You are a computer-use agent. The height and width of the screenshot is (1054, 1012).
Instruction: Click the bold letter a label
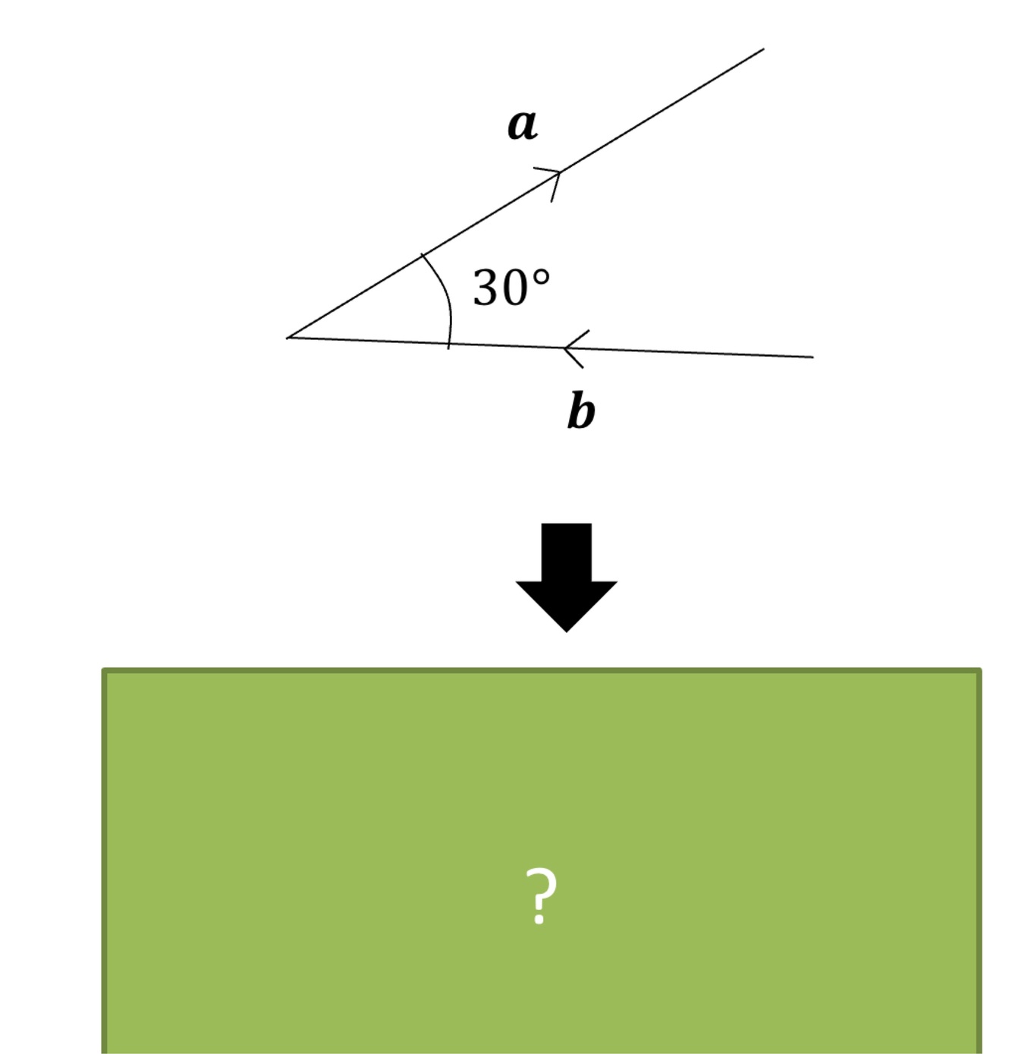pos(522,125)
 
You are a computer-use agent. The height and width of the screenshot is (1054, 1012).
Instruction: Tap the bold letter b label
pos(581,411)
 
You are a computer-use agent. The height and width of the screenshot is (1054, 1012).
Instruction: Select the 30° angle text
pos(511,288)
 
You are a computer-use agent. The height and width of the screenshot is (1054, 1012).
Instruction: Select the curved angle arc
pos(447,296)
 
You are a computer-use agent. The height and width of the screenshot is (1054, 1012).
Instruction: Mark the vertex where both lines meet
pos(289,337)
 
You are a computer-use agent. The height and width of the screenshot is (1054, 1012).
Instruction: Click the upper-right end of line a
pos(763,49)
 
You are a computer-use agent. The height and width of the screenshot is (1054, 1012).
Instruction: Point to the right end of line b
pos(812,356)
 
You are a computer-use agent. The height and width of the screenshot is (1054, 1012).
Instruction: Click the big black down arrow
pos(566,573)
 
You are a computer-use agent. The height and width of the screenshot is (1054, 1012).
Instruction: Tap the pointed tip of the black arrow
pos(566,630)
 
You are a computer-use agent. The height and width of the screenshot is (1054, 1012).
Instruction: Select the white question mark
pos(540,895)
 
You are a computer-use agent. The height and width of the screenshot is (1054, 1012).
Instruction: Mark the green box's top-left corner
pos(105,671)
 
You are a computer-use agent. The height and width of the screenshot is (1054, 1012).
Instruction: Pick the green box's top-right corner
pos(979,671)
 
